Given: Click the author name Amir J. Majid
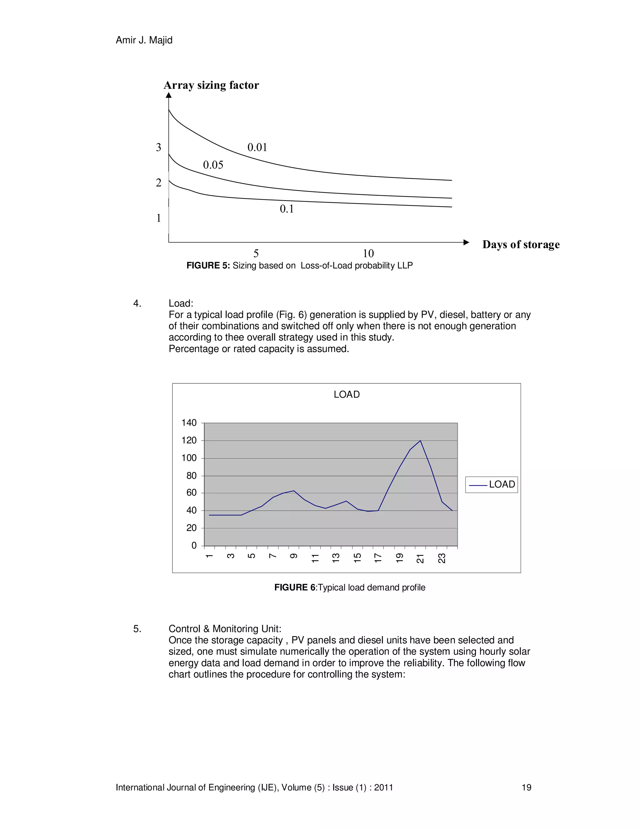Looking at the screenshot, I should [144, 40].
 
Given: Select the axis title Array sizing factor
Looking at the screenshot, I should [211, 85].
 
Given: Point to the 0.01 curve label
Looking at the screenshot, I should [257, 147].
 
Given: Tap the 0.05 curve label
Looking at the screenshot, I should [213, 165].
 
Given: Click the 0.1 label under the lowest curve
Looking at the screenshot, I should [287, 209].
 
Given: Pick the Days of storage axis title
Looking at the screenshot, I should [521, 245].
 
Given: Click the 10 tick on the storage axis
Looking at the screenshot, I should [368, 253].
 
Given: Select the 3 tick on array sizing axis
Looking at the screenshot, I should [158, 147].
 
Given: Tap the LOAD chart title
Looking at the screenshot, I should [347, 395].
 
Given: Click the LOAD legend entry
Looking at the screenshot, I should [492, 485].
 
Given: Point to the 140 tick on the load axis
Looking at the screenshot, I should [189, 423].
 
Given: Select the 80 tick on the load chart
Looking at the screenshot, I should [192, 476].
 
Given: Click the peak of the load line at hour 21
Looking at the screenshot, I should [421, 441].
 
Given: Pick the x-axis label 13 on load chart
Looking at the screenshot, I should [336, 558].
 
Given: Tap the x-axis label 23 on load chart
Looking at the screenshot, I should [442, 558].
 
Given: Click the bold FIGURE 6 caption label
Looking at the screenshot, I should [295, 588].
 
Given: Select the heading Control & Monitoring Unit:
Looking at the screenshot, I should [225, 629].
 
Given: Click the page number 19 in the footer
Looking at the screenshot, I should [526, 788].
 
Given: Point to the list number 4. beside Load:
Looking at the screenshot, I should [137, 303].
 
